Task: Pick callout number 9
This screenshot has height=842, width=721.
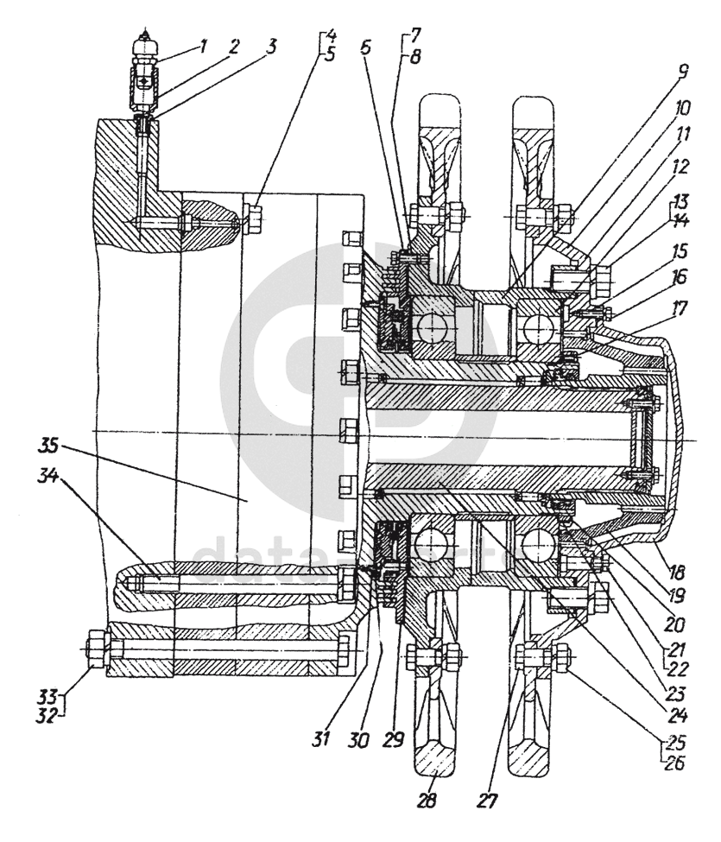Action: coord(683,72)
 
